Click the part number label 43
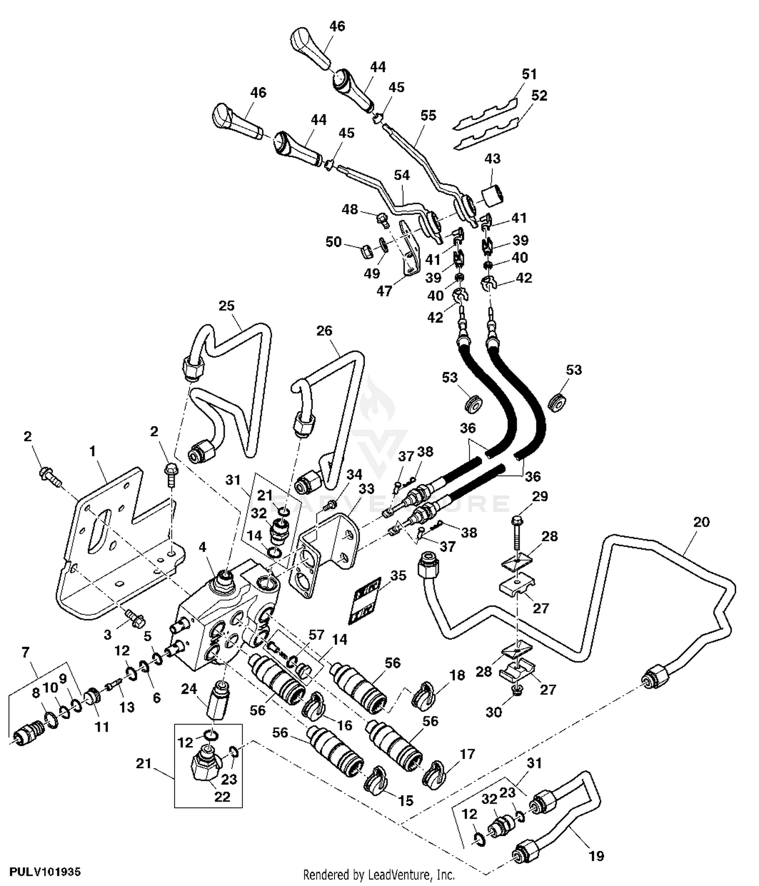coord(492,158)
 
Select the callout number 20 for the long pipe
coord(701,522)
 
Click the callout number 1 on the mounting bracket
coord(93,451)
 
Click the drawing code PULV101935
coord(45,872)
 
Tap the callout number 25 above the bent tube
coord(227,306)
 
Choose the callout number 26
coord(324,331)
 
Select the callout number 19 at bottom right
coord(597,856)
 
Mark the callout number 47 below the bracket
coord(384,291)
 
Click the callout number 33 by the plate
coord(366,489)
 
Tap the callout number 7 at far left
coord(25,652)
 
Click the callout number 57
coord(316,635)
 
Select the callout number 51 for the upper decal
coord(529,74)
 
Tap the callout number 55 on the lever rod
coord(428,115)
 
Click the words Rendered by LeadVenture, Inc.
coord(378,874)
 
